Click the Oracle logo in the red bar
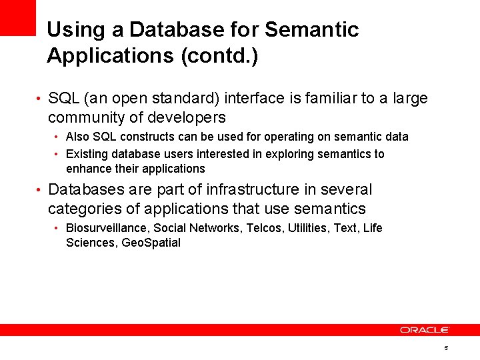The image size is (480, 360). pyautogui.click(x=425, y=330)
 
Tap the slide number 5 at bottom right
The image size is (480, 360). pyautogui.click(x=445, y=349)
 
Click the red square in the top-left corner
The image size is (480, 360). pyautogui.click(x=17, y=17)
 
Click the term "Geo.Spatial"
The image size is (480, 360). pyautogui.click(x=152, y=243)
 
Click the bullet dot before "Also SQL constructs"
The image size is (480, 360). pyautogui.click(x=57, y=137)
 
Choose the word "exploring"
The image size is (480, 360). pyautogui.click(x=291, y=154)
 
